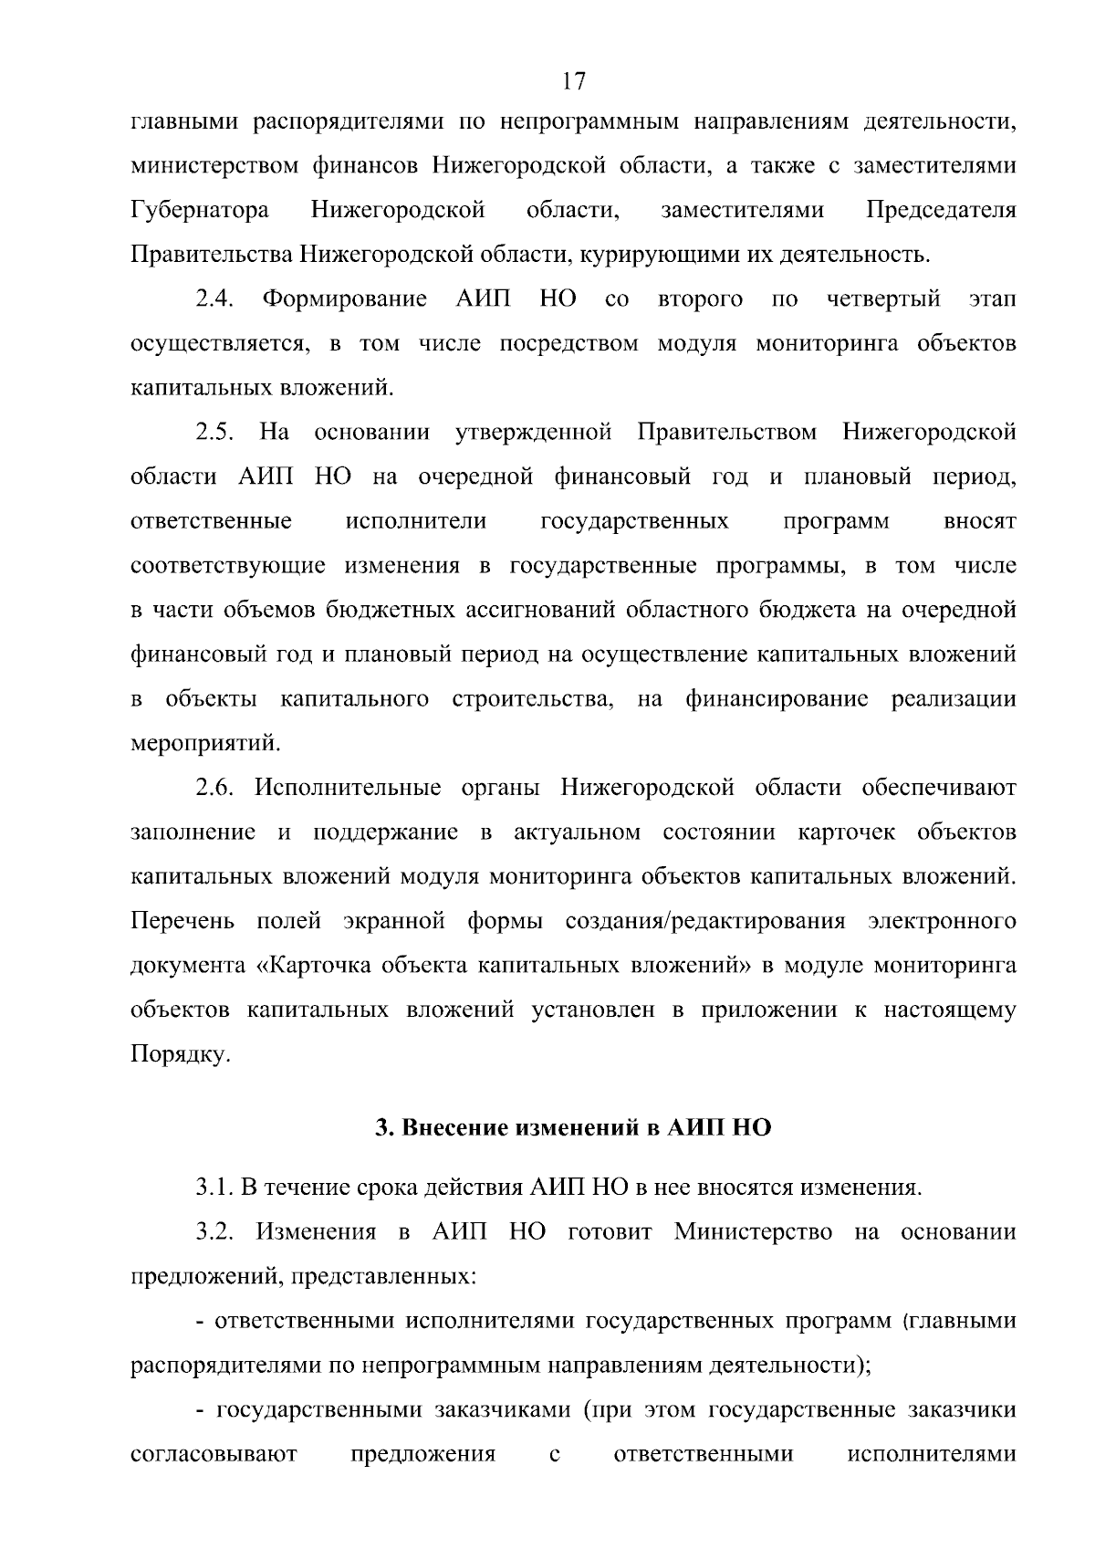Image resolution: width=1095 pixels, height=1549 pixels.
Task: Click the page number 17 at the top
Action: tap(574, 81)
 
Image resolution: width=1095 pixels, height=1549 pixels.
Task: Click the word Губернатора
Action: tap(200, 211)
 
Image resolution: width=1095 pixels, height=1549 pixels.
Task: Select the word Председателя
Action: tap(941, 211)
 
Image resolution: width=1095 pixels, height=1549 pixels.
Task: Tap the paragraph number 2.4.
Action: tap(216, 299)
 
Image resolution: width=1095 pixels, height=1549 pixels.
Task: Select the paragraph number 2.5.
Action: tap(216, 431)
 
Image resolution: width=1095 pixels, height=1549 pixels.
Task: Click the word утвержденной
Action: tap(533, 431)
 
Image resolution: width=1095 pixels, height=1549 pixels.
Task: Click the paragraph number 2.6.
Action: tap(216, 788)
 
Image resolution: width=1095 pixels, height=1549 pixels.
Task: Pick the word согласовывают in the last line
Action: tap(214, 1454)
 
